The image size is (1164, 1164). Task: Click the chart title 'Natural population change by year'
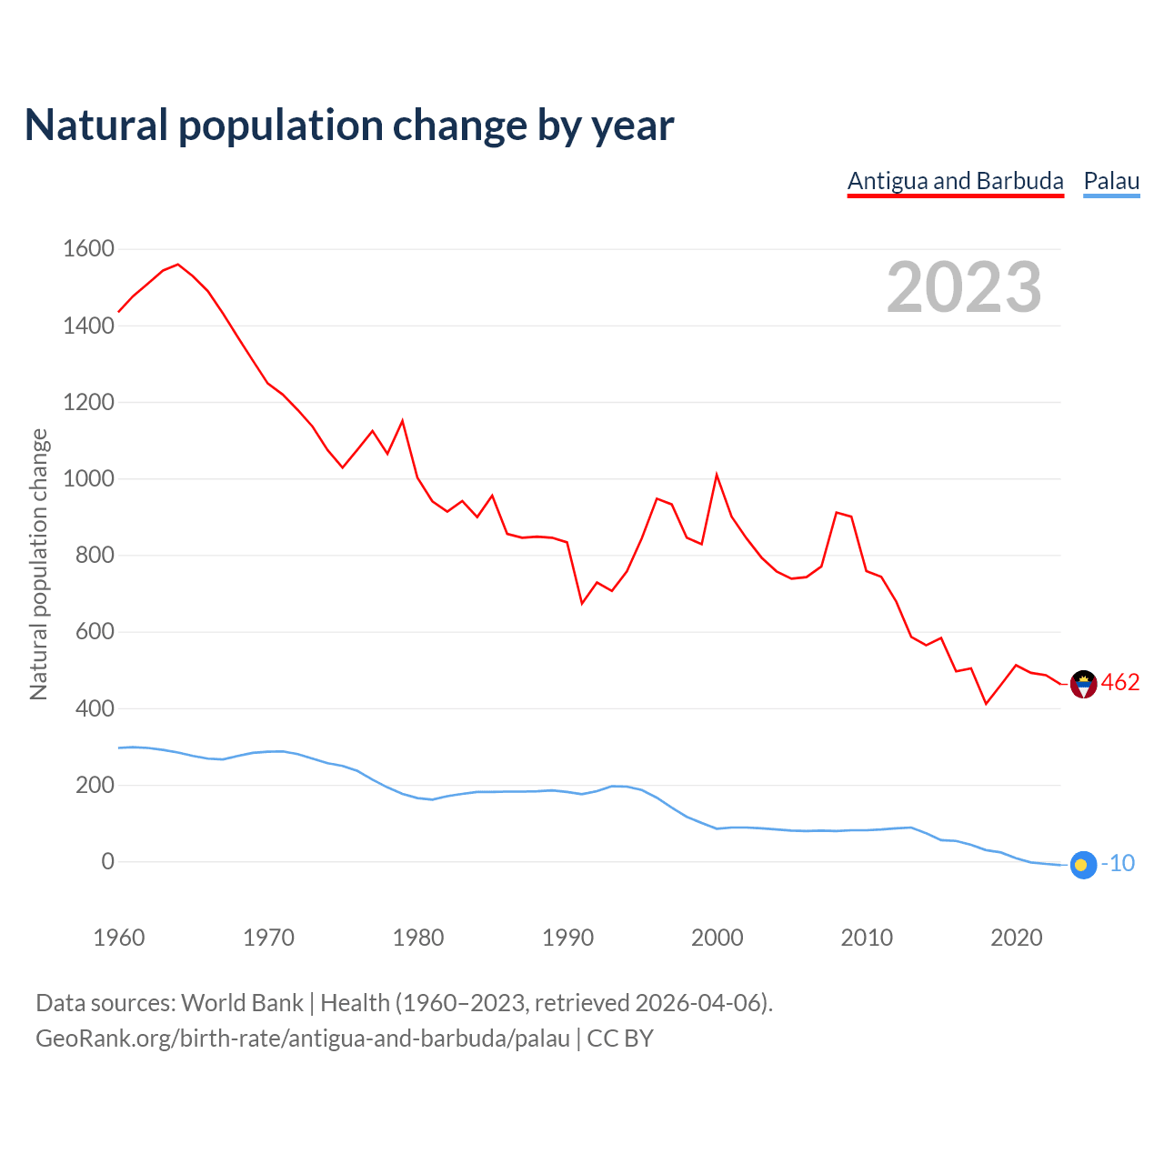pos(349,125)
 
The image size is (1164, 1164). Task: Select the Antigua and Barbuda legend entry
pos(955,181)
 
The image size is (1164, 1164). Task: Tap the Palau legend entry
pos(1111,181)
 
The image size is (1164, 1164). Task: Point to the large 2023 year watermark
pos(964,287)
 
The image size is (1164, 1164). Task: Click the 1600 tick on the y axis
pos(88,249)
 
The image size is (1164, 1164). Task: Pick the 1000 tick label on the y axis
pos(88,478)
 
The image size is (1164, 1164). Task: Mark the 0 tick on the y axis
pos(108,861)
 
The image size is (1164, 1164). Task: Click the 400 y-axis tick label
pos(95,708)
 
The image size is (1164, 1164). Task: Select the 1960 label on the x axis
pos(119,938)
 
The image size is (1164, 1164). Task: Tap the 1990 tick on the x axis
pos(567,938)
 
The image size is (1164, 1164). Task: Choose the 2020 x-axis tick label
pos(1016,938)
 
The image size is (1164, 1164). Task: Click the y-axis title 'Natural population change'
pos(39,564)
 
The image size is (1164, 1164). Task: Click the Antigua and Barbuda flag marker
pos(1083,684)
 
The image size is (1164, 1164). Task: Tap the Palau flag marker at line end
pos(1083,865)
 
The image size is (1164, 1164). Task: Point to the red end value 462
pos(1120,683)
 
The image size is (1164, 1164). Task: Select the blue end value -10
pos(1119,864)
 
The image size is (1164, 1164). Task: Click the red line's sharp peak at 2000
pos(717,475)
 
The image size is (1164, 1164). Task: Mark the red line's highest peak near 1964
pos(177,265)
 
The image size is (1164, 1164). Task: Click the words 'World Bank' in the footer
pos(242,1003)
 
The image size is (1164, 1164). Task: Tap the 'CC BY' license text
pos(620,1039)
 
